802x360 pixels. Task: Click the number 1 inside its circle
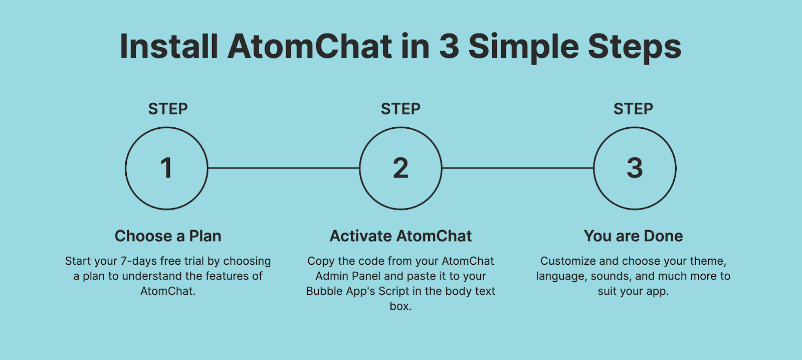pyautogui.click(x=166, y=167)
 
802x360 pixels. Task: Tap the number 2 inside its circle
pyautogui.click(x=400, y=167)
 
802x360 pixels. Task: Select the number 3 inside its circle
pyautogui.click(x=635, y=167)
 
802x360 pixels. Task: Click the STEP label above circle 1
pyautogui.click(x=168, y=109)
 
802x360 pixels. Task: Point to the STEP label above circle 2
pyautogui.click(x=400, y=109)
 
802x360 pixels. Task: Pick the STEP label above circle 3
pyautogui.click(x=634, y=109)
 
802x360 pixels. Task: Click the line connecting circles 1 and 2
pyautogui.click(x=284, y=167)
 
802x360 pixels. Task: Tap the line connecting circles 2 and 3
pyautogui.click(x=518, y=167)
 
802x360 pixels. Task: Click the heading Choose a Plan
pyautogui.click(x=168, y=236)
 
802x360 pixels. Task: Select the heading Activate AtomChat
pyautogui.click(x=400, y=236)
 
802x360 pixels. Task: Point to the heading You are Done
pyautogui.click(x=634, y=236)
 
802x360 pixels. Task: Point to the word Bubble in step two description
pyautogui.click(x=324, y=291)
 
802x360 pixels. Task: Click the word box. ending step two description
pyautogui.click(x=400, y=306)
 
